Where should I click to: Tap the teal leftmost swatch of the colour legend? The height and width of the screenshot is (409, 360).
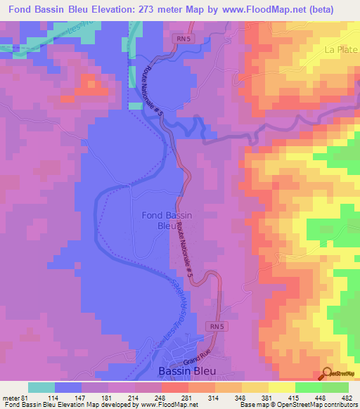pyautogui.click(x=41, y=387)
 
